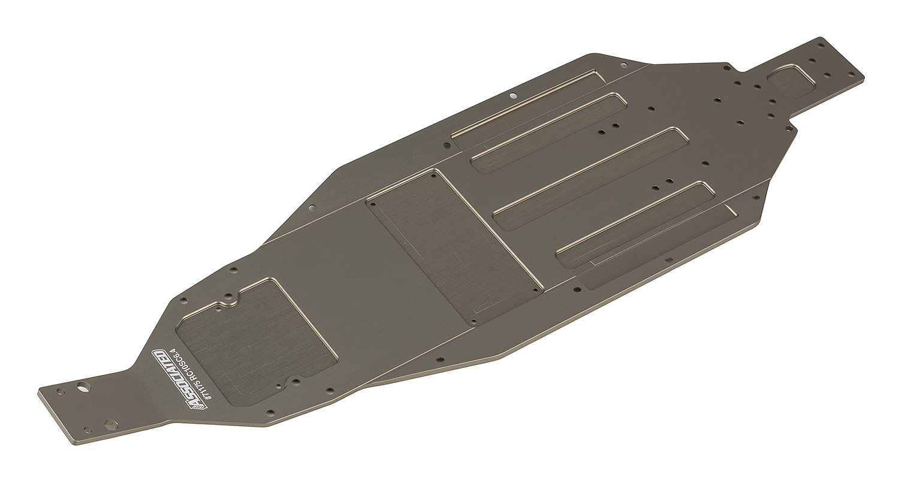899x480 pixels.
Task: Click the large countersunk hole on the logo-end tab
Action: coord(111,425)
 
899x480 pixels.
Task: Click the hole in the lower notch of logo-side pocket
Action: coord(295,382)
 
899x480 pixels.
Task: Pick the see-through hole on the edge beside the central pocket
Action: coord(312,208)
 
